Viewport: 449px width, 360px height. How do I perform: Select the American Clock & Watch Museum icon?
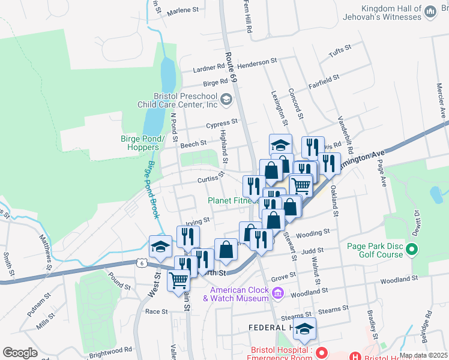point(277,293)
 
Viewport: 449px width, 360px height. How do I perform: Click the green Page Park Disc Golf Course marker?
point(411,248)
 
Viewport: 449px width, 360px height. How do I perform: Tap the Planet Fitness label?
point(234,200)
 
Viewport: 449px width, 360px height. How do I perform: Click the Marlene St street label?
point(182,10)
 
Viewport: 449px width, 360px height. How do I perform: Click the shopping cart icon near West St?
point(179,280)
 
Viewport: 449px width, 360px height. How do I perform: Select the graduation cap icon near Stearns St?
point(305,329)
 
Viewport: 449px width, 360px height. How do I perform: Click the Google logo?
point(20,353)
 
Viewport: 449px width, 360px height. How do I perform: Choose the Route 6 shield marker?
point(141,263)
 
